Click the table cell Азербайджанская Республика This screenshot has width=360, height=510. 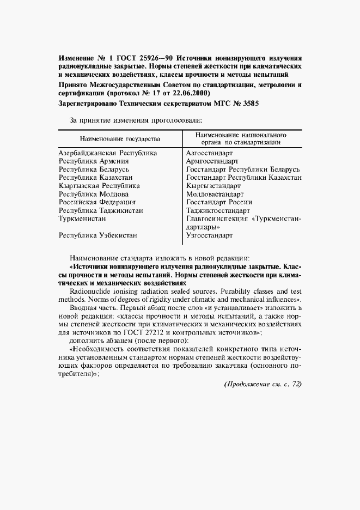(107, 154)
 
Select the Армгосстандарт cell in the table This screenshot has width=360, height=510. (212, 161)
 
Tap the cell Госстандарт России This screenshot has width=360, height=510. (218, 202)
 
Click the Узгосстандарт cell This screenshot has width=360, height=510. (209, 235)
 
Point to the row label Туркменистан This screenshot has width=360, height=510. (82, 218)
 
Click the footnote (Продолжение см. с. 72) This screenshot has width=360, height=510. (263, 384)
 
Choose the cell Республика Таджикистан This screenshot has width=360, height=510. (101, 210)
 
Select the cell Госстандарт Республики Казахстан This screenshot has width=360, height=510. (244, 178)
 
